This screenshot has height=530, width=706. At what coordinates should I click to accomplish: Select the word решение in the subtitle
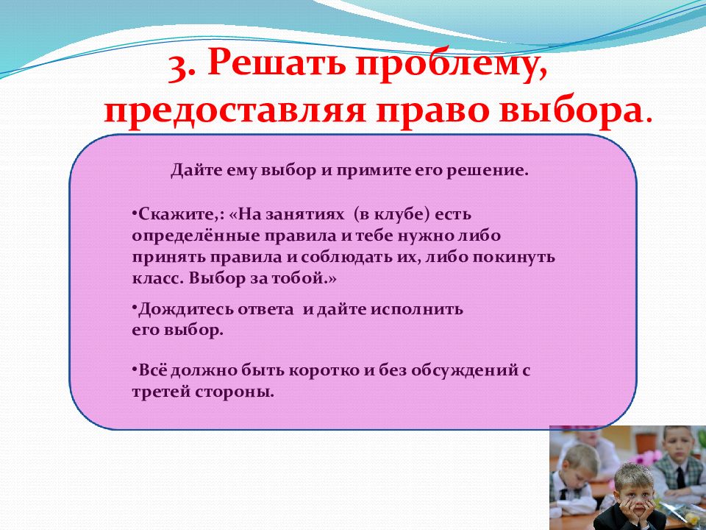click(x=487, y=172)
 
